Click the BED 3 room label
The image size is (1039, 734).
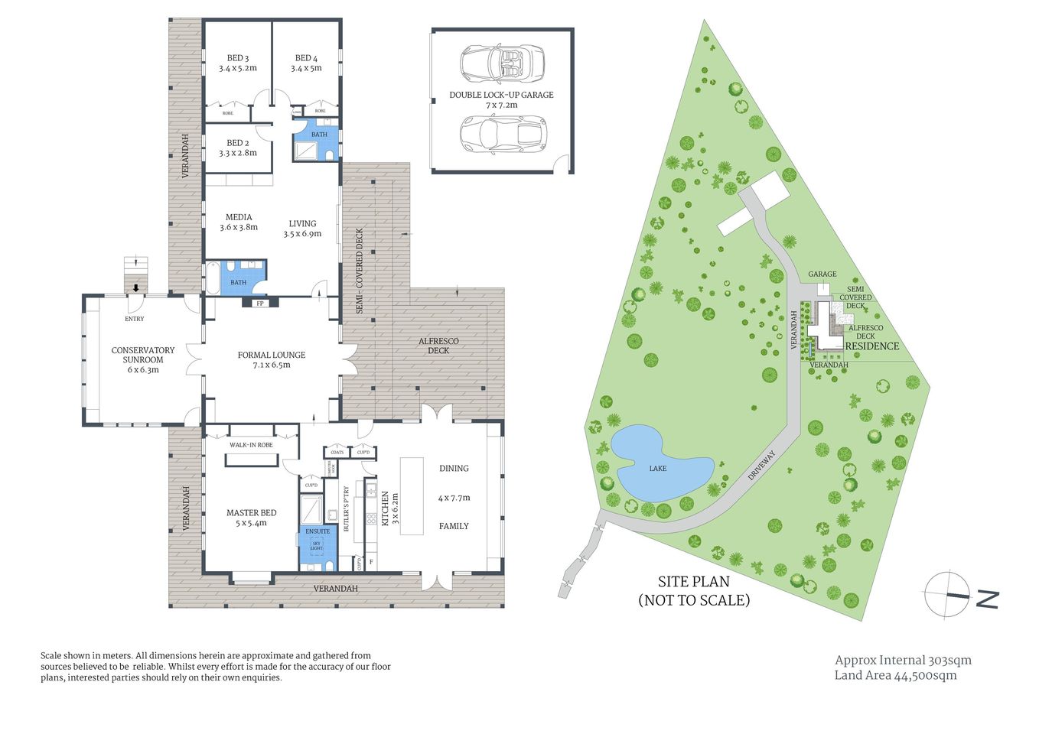tap(237, 63)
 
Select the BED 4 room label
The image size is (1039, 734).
tap(306, 63)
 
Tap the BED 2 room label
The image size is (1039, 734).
tap(237, 148)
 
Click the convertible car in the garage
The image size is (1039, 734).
tap(502, 63)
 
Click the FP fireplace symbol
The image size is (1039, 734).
tap(260, 304)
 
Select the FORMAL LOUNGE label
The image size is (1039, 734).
tap(272, 359)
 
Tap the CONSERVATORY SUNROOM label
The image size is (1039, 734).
tap(143, 359)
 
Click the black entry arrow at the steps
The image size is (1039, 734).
tap(136, 288)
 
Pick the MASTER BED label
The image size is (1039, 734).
tap(251, 518)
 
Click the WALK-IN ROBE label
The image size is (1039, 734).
tap(251, 445)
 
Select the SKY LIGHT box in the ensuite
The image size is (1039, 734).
tap(317, 546)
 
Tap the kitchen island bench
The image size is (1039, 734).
tap(412, 496)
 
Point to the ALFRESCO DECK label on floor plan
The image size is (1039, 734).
tap(438, 346)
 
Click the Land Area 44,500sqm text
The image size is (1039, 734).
tap(895, 675)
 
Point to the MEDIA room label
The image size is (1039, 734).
tap(239, 222)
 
